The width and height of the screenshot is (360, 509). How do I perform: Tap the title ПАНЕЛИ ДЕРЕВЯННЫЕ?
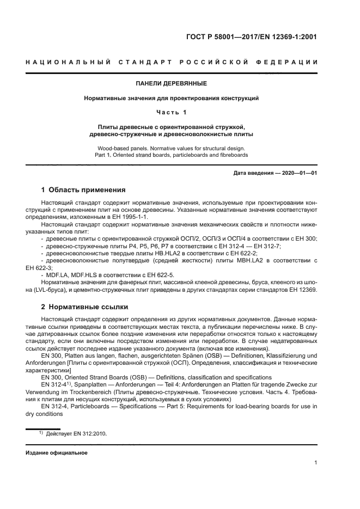pyautogui.click(x=171, y=84)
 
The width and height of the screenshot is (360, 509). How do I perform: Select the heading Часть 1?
pyautogui.click(x=171, y=112)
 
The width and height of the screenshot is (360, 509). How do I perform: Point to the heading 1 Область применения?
pyautogui.click(x=83, y=190)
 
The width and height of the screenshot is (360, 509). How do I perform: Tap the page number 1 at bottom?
pyautogui.click(x=315, y=463)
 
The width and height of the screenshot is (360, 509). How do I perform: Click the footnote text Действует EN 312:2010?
pyautogui.click(x=76, y=433)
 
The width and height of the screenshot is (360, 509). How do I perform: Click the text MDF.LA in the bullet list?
pyautogui.click(x=59, y=275)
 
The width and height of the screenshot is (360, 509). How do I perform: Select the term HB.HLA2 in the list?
pyautogui.click(x=155, y=254)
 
